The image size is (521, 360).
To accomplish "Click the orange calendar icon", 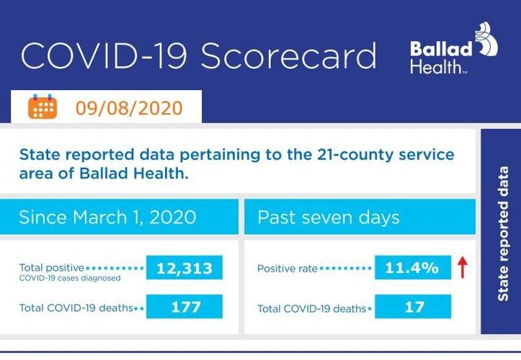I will [43, 107].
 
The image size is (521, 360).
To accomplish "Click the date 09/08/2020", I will [129, 109].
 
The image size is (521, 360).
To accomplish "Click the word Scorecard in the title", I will [288, 56].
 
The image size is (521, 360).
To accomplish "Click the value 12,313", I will [184, 269].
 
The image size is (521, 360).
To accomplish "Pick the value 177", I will [184, 307].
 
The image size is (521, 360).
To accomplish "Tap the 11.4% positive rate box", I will [412, 269].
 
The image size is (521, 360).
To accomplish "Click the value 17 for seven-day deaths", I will [412, 307].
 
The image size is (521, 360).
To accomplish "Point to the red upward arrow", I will [463, 269].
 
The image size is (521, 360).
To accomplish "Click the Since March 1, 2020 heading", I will [107, 217].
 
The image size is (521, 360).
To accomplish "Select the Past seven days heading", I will [329, 217].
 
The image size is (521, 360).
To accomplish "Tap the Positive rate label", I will [288, 269].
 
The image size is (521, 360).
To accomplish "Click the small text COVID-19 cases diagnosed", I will [70, 277].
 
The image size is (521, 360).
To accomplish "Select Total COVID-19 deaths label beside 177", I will [76, 308].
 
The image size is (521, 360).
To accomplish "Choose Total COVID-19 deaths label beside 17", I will [312, 308].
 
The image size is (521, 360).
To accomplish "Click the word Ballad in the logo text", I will [441, 49].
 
